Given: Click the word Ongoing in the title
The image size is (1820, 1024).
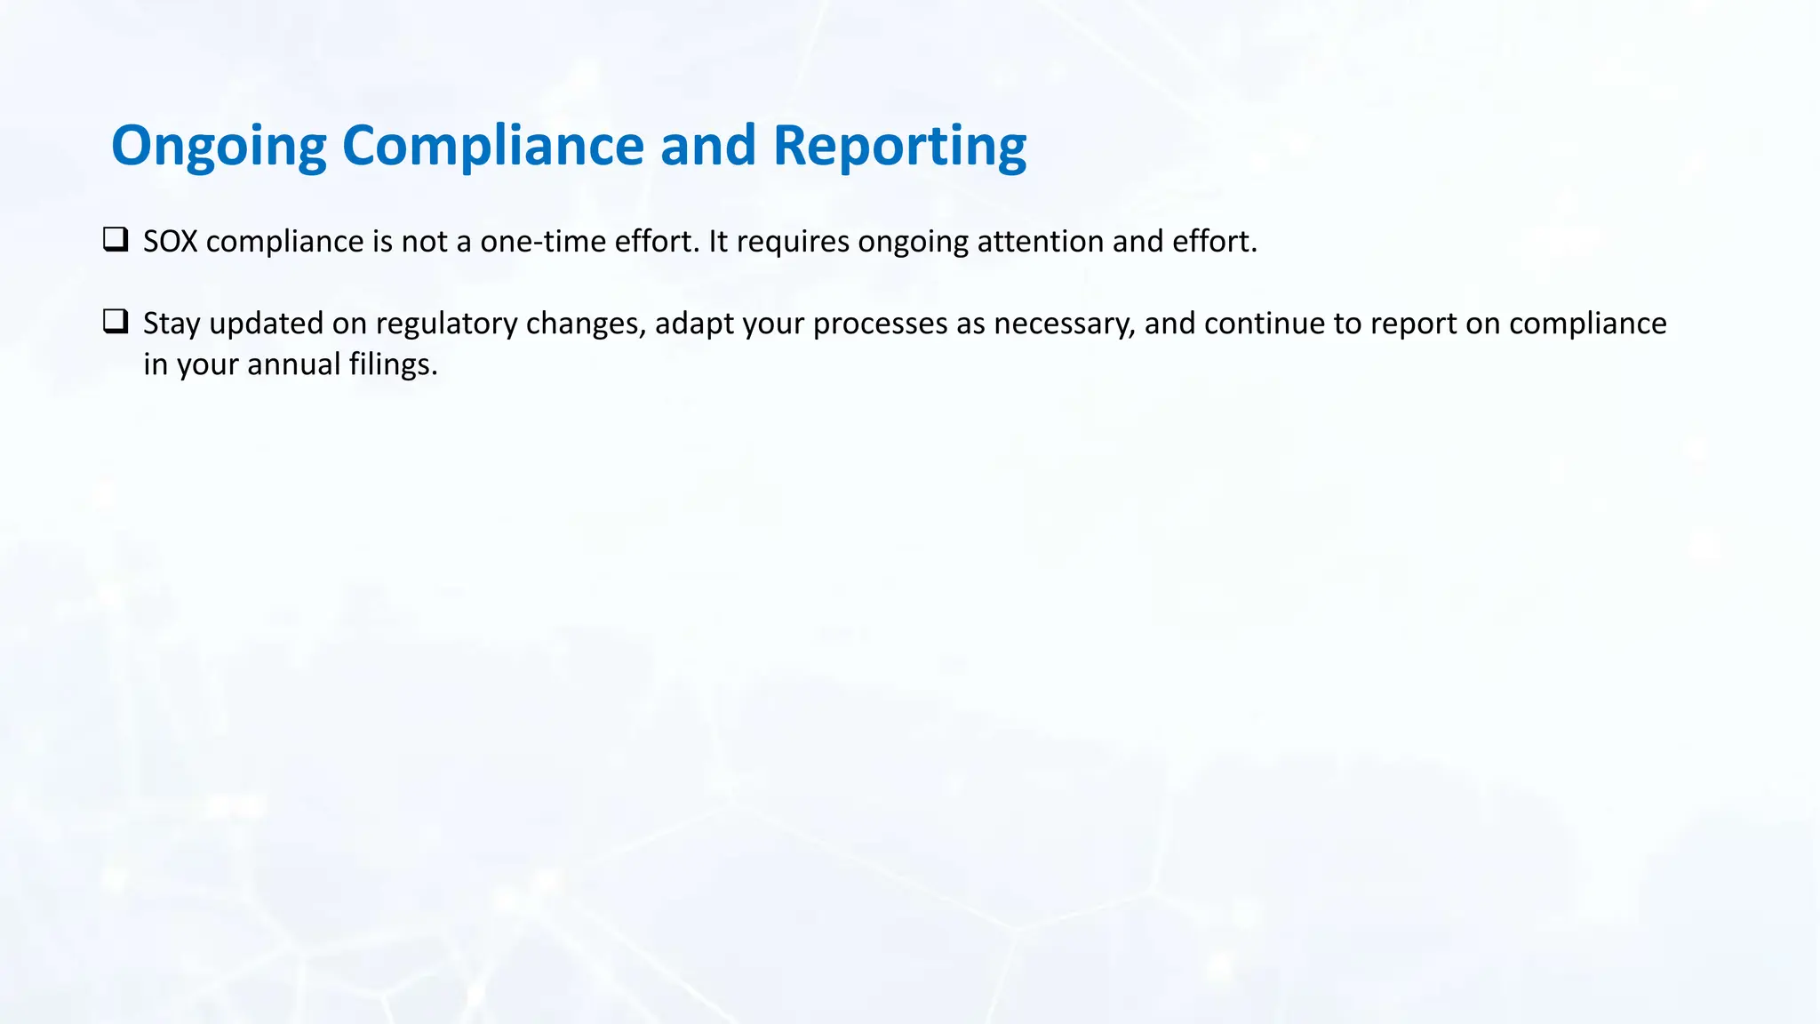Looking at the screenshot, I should click(x=219, y=146).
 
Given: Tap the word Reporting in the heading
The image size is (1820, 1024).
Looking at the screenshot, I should click(x=899, y=146).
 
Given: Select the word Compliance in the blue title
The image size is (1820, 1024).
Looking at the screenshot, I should click(x=492, y=146).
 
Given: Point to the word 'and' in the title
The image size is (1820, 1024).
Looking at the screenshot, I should click(x=707, y=146).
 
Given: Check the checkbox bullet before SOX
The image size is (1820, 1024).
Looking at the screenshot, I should click(x=116, y=240).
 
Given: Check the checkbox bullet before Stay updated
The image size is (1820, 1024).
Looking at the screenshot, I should click(x=116, y=322).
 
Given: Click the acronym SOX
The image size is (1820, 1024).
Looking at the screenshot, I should click(x=170, y=242).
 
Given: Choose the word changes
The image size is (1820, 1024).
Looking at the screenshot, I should click(x=586, y=324).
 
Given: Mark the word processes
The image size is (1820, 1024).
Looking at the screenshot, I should click(x=880, y=324).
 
